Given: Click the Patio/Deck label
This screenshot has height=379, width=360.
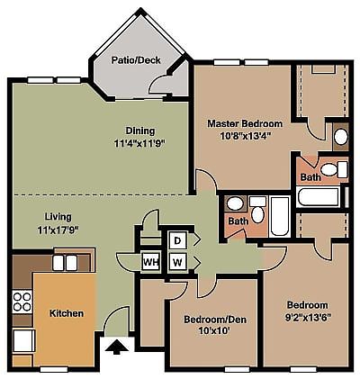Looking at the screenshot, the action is [x=136, y=60].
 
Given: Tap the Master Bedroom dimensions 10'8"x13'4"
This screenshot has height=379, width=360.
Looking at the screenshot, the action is [x=246, y=136].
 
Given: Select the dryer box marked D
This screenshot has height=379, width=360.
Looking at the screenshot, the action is [x=177, y=240].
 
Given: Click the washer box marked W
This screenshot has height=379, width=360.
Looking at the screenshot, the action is [x=177, y=263].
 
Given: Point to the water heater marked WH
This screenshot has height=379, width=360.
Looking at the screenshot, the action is [x=150, y=263].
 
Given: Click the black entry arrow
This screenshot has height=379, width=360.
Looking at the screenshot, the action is [x=117, y=347].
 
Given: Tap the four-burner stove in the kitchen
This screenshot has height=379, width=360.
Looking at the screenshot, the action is [x=22, y=302].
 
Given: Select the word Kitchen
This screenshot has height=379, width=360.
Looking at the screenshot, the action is [x=67, y=313].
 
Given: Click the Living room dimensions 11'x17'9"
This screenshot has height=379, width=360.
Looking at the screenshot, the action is [x=58, y=230].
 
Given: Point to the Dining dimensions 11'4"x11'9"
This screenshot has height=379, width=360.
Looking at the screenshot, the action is [x=140, y=143].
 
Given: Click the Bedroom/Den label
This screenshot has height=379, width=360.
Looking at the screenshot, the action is [x=215, y=320].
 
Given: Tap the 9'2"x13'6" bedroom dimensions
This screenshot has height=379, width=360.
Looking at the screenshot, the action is [x=308, y=318].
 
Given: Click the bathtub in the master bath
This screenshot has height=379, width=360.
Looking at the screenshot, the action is [x=319, y=196].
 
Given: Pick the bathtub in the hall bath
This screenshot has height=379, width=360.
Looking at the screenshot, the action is [x=280, y=216].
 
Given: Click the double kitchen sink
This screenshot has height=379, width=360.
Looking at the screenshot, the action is [x=65, y=263].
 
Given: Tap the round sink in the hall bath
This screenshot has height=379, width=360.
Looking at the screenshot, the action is [x=235, y=203].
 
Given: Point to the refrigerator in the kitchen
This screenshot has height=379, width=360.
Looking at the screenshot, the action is [x=23, y=340].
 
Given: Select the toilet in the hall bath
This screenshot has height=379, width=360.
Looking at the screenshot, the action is [x=257, y=211].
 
